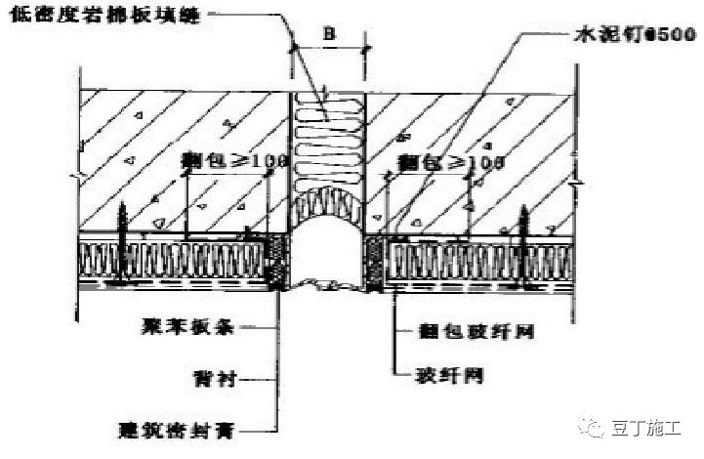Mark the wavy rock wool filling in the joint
(328, 146)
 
